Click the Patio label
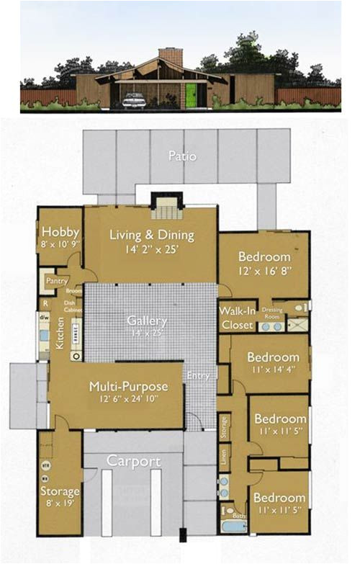(182, 156)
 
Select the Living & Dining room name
(151, 235)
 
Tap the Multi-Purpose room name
(128, 387)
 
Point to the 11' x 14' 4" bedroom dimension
(272, 371)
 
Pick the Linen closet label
(224, 456)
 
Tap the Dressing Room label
(272, 312)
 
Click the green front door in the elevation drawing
(192, 96)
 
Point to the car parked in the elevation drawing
(135, 100)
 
